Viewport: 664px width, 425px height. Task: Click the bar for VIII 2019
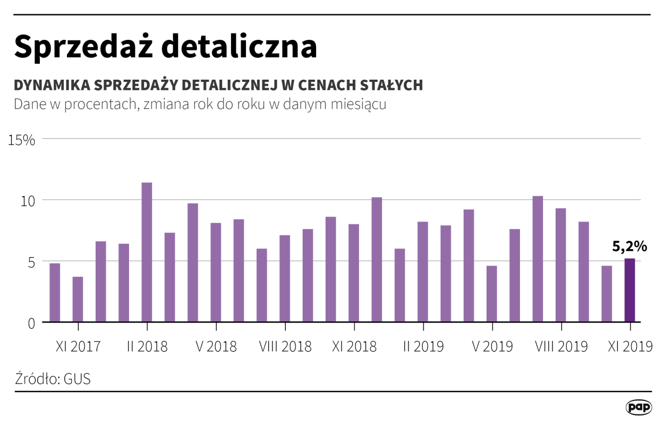pyautogui.click(x=561, y=265)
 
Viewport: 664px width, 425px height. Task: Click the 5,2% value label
pyautogui.click(x=629, y=246)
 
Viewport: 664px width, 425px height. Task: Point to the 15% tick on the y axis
pyautogui.click(x=21, y=140)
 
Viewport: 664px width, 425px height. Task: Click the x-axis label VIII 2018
pyautogui.click(x=285, y=347)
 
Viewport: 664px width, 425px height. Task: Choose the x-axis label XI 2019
pyautogui.click(x=630, y=347)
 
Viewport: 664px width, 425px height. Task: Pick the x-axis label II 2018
pyautogui.click(x=147, y=347)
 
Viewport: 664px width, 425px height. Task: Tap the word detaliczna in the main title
pyautogui.click(x=240, y=47)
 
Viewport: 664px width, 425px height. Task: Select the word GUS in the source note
pyautogui.click(x=77, y=379)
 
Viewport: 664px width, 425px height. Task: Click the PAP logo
pyautogui.click(x=639, y=407)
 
